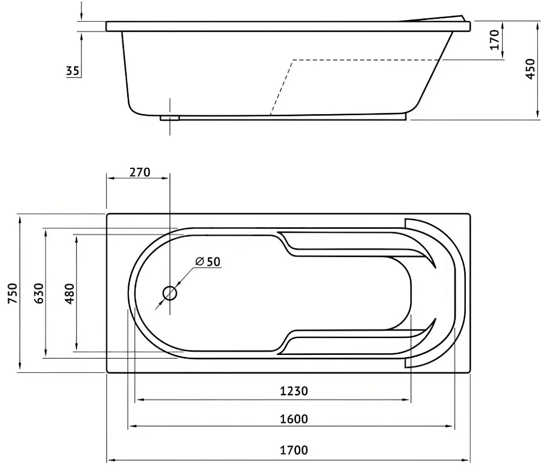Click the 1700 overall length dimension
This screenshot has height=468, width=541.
tap(293, 450)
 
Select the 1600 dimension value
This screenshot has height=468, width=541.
tap(293, 419)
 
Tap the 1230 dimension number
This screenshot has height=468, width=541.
tap(293, 391)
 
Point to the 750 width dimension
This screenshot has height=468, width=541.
tap(12, 293)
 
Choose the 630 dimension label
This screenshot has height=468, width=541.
tap(39, 293)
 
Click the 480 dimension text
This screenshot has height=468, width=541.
tap(70, 293)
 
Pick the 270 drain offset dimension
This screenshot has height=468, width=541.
tap(140, 172)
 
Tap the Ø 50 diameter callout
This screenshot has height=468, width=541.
tap(208, 261)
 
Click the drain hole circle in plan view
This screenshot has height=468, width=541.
tap(170, 293)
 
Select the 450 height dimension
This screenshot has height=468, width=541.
tap(531, 69)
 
